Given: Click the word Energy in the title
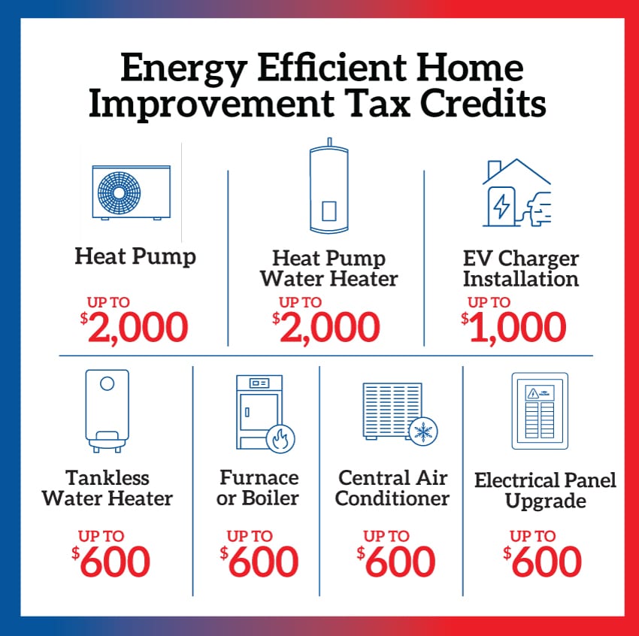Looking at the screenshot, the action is [x=183, y=68].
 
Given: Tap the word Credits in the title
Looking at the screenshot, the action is [x=483, y=103].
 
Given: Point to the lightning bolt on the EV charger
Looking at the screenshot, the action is [x=501, y=205].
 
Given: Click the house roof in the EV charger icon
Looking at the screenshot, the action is [x=516, y=171].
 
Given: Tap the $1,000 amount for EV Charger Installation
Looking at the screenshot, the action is [x=513, y=327].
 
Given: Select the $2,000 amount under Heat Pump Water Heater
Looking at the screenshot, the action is [x=326, y=327].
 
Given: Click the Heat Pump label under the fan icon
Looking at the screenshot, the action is [x=135, y=257].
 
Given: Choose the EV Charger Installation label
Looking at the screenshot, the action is [x=521, y=269].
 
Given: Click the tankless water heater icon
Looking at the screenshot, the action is [x=108, y=411].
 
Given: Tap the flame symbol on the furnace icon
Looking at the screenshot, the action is [x=280, y=439].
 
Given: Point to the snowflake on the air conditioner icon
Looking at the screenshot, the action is [x=423, y=432].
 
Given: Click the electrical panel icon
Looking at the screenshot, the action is [x=540, y=411].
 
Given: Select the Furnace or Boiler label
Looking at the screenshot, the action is [x=258, y=488].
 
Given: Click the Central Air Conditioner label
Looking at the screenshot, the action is [x=392, y=488].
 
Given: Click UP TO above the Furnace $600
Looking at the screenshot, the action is [x=250, y=536].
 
